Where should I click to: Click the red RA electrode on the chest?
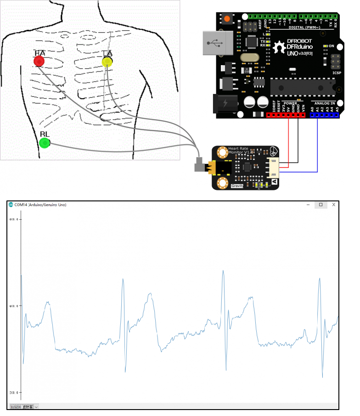click(39, 61)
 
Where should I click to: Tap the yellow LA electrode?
click(107, 61)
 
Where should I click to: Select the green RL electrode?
click(45, 143)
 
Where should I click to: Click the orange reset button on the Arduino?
click(227, 19)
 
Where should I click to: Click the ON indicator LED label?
click(331, 46)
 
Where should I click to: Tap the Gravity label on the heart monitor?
click(237, 186)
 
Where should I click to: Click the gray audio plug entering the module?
click(200, 165)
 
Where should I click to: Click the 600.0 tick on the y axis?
click(14, 219)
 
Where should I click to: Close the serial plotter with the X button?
click(334, 205)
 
